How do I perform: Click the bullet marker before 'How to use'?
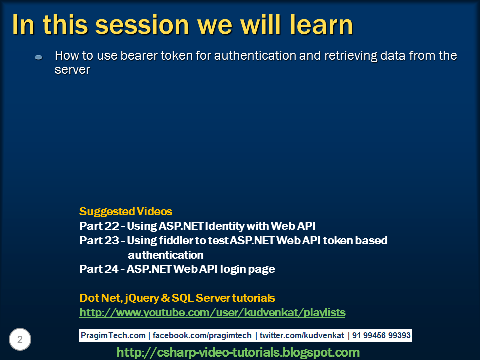coord(39,58)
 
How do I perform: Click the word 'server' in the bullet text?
coord(72,70)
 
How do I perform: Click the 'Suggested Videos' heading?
coord(126,211)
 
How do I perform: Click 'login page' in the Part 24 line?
coord(249,269)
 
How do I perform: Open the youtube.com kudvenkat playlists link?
coord(212,313)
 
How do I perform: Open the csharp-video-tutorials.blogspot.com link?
coord(238,352)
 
